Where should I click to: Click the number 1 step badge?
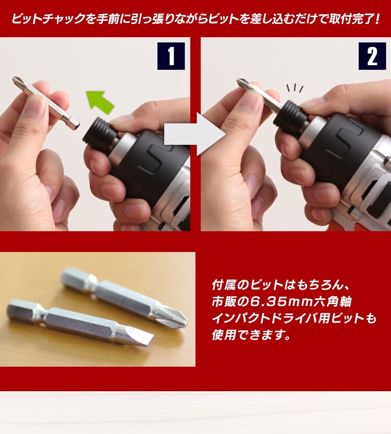171,56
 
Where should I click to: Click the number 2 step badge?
372,56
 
